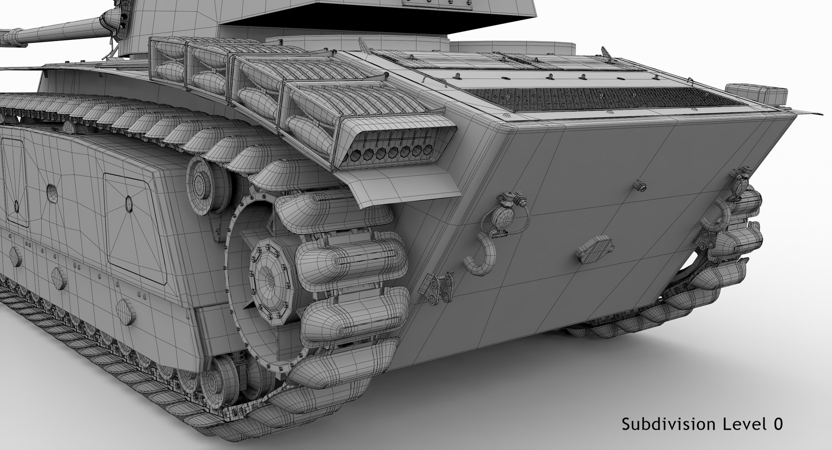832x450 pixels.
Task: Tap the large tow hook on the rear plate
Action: tap(479, 258)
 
